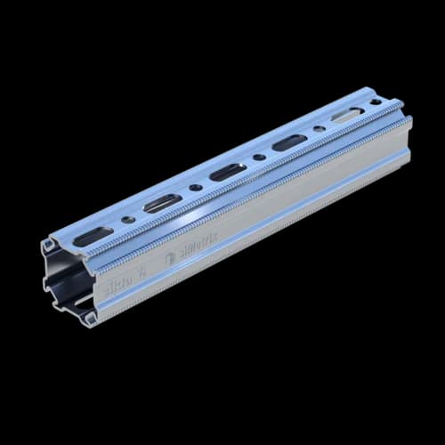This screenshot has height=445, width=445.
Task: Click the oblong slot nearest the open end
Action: tap(93, 238)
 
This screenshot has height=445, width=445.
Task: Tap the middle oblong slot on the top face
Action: tap(228, 171)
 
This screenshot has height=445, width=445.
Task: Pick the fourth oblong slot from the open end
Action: tap(287, 142)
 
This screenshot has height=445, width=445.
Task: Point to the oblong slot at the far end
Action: tap(346, 114)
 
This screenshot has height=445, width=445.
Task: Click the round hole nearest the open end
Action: tap(130, 219)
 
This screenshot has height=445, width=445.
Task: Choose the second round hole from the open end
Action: tap(195, 187)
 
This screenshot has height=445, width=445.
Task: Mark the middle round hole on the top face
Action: tap(258, 157)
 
